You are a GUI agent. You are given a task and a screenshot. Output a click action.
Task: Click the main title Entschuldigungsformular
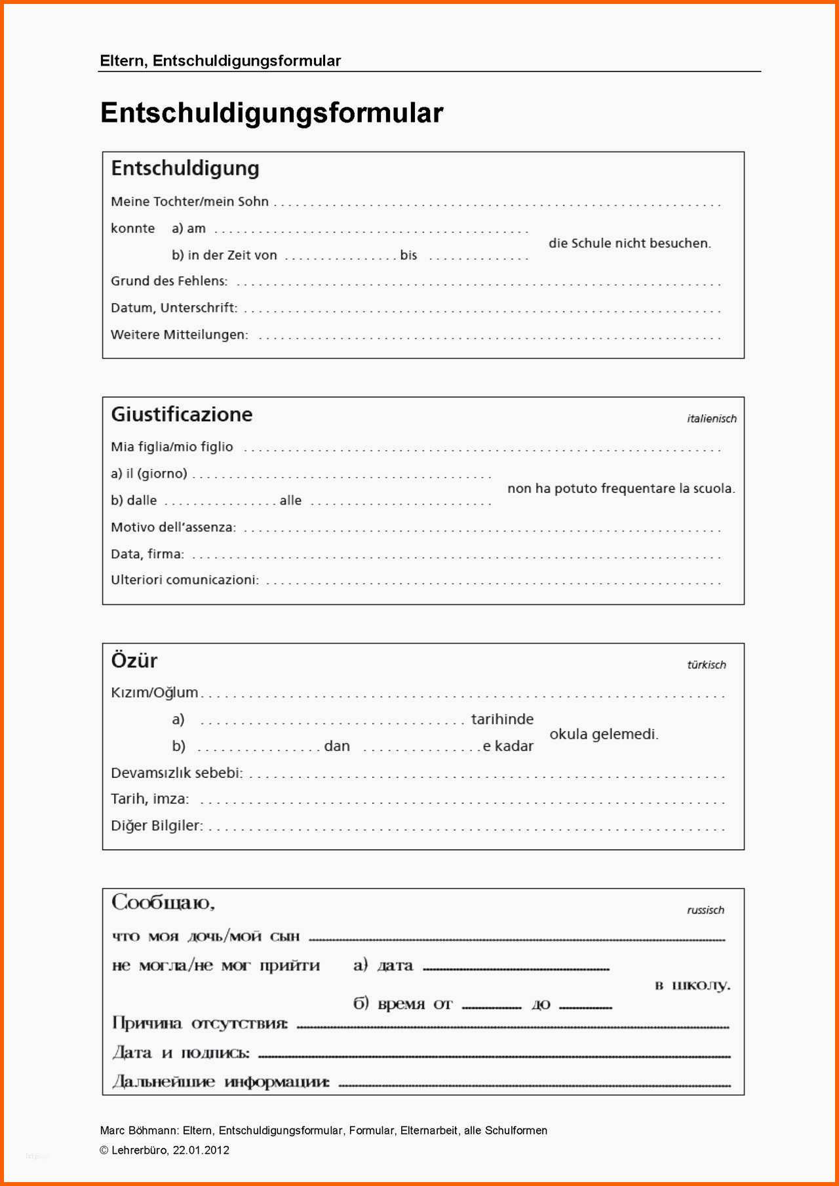[271, 113]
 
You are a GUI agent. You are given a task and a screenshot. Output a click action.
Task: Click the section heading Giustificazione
[182, 414]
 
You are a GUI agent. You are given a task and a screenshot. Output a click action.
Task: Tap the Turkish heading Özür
[134, 660]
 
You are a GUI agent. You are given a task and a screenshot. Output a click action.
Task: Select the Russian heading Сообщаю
[163, 902]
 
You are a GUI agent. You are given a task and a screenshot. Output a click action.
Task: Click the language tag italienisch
[711, 419]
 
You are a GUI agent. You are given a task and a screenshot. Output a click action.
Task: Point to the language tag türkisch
[706, 664]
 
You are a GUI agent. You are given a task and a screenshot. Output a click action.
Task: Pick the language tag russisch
[705, 910]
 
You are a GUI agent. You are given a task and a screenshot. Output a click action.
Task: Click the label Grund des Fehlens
[169, 281]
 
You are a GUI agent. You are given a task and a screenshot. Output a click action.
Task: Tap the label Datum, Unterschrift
[174, 308]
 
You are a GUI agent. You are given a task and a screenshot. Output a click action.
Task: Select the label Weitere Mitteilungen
[179, 335]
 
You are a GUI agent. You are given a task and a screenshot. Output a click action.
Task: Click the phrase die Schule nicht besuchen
[629, 243]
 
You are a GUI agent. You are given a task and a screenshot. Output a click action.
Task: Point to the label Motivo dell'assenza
[173, 527]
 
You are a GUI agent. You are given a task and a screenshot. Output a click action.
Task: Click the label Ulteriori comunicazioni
[184, 580]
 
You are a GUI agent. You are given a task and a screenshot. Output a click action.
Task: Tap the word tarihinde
[502, 719]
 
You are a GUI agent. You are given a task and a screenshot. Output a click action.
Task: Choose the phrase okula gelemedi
[603, 734]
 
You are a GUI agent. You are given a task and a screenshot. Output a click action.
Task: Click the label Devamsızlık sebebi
[176, 773]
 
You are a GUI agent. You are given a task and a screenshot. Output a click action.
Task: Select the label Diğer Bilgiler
[157, 826]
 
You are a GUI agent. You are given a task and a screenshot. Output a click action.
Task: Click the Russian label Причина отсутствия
[199, 1023]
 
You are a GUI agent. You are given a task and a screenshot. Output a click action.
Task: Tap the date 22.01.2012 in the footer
[201, 1150]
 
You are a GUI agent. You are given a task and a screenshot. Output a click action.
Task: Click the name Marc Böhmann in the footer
[138, 1130]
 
